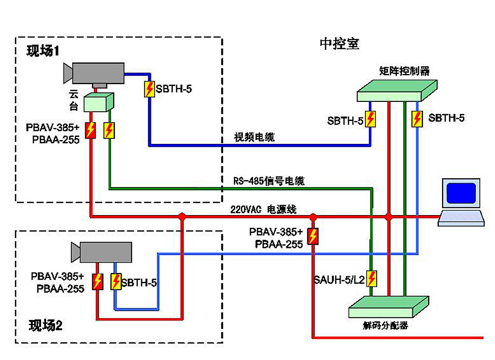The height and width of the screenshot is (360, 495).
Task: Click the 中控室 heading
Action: click(340, 44)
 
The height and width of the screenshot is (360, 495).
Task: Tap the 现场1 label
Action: click(43, 50)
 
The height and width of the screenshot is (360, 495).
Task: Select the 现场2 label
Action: click(46, 325)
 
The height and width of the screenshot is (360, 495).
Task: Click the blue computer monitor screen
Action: click(461, 193)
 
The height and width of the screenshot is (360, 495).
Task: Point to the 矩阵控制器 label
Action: click(404, 71)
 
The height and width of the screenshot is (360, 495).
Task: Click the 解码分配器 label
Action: click(386, 325)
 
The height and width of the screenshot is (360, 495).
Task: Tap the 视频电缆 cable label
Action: click(254, 137)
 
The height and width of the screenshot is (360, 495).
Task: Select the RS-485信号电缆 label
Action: click(269, 181)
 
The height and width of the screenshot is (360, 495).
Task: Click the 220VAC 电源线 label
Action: click(263, 209)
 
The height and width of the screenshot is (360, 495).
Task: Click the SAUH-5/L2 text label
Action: click(340, 279)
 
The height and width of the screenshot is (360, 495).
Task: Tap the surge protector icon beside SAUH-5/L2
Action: click(372, 279)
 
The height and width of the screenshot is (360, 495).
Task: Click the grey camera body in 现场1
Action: click(98, 73)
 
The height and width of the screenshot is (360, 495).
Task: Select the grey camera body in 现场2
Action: click(106, 252)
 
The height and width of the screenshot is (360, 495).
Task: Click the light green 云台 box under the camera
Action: click(99, 102)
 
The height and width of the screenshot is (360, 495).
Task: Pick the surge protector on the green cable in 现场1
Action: click(109, 130)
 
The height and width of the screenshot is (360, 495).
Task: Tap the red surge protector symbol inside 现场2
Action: click(98, 281)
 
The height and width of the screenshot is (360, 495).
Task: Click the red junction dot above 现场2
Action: click(182, 217)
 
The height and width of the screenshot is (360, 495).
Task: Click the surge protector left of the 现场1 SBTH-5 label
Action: click(149, 89)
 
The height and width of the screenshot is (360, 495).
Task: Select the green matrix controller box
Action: click(397, 90)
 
